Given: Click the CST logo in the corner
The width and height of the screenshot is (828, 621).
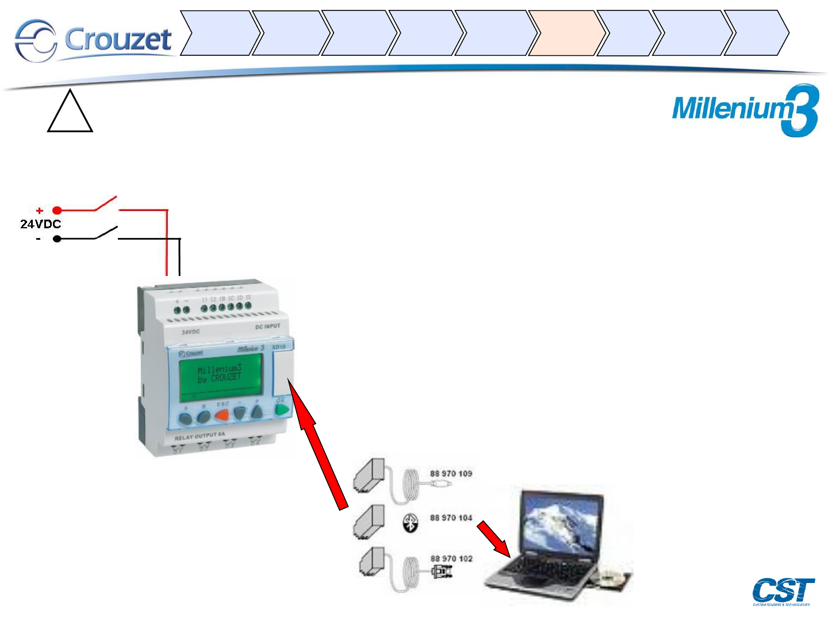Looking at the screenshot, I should [x=783, y=591].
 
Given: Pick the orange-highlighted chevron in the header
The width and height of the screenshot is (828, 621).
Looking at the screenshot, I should [x=566, y=33].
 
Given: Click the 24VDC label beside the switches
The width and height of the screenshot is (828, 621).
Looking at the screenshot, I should [x=40, y=224].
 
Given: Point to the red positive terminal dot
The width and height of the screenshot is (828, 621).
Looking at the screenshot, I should [x=57, y=210].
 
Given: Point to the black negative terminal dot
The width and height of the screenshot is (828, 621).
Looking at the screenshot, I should [x=57, y=239].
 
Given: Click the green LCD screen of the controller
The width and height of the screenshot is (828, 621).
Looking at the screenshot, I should [x=220, y=374].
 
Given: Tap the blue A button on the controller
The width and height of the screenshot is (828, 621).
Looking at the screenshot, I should [x=185, y=418].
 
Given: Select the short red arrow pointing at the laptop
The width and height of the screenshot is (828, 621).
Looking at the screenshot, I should [x=493, y=539].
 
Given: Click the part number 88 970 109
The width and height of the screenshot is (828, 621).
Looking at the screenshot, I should [x=451, y=474].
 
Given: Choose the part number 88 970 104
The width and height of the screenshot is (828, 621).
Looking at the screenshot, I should [x=451, y=517].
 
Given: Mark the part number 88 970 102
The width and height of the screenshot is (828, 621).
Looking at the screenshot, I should [x=451, y=558].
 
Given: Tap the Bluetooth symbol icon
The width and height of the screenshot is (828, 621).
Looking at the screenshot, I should [x=410, y=523].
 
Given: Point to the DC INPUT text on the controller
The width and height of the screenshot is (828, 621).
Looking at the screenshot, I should [x=267, y=327].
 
